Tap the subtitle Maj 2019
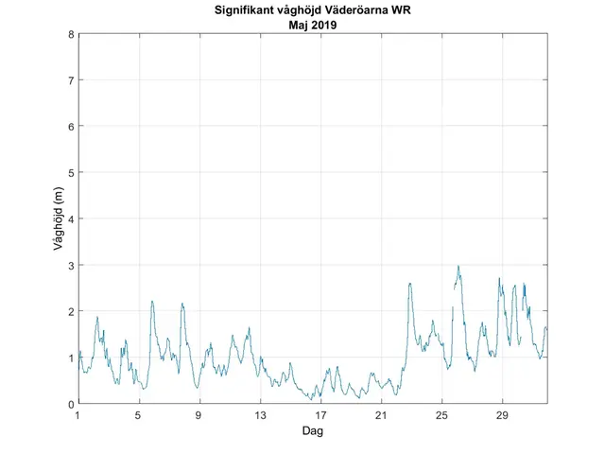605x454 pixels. [313, 26]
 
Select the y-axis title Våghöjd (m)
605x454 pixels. [59, 218]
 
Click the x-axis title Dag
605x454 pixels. [313, 430]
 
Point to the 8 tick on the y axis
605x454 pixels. [71, 34]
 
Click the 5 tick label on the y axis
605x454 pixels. [71, 172]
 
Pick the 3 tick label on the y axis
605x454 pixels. [71, 265]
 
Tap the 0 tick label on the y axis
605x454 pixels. [71, 404]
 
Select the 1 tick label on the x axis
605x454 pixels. [78, 415]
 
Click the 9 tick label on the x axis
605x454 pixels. [199, 415]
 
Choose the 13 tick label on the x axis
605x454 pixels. [260, 415]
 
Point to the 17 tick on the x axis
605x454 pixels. [320, 415]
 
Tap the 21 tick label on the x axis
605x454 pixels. [381, 415]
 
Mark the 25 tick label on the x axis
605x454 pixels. [441, 415]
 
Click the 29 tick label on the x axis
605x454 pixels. [502, 415]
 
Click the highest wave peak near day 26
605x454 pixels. [458, 267]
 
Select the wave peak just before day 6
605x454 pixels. [152, 302]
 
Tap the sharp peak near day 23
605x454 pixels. [409, 283]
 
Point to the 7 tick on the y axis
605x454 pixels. [71, 80]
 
